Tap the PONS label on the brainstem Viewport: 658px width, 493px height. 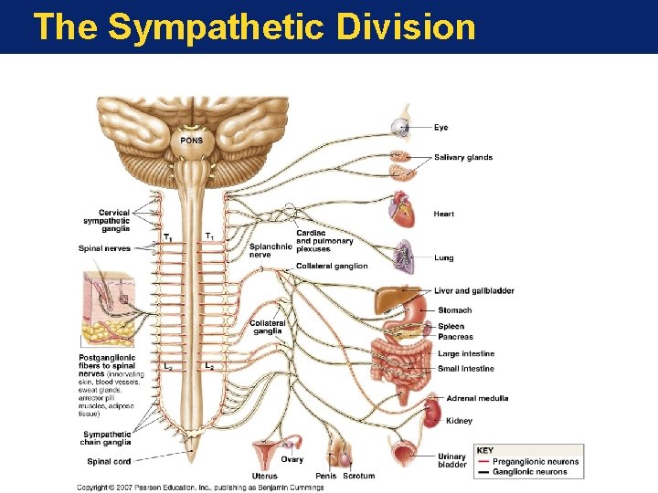(192, 141)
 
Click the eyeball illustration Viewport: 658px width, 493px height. (399, 128)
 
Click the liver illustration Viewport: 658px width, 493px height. (394, 300)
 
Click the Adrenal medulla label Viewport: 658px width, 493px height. (477, 399)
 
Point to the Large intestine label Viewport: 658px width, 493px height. (466, 354)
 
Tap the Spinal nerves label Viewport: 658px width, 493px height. (104, 248)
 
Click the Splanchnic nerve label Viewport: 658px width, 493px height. (271, 251)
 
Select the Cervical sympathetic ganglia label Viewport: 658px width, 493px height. (107, 221)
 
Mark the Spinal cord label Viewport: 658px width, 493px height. (109, 462)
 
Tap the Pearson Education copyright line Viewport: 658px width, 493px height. (200, 488)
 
